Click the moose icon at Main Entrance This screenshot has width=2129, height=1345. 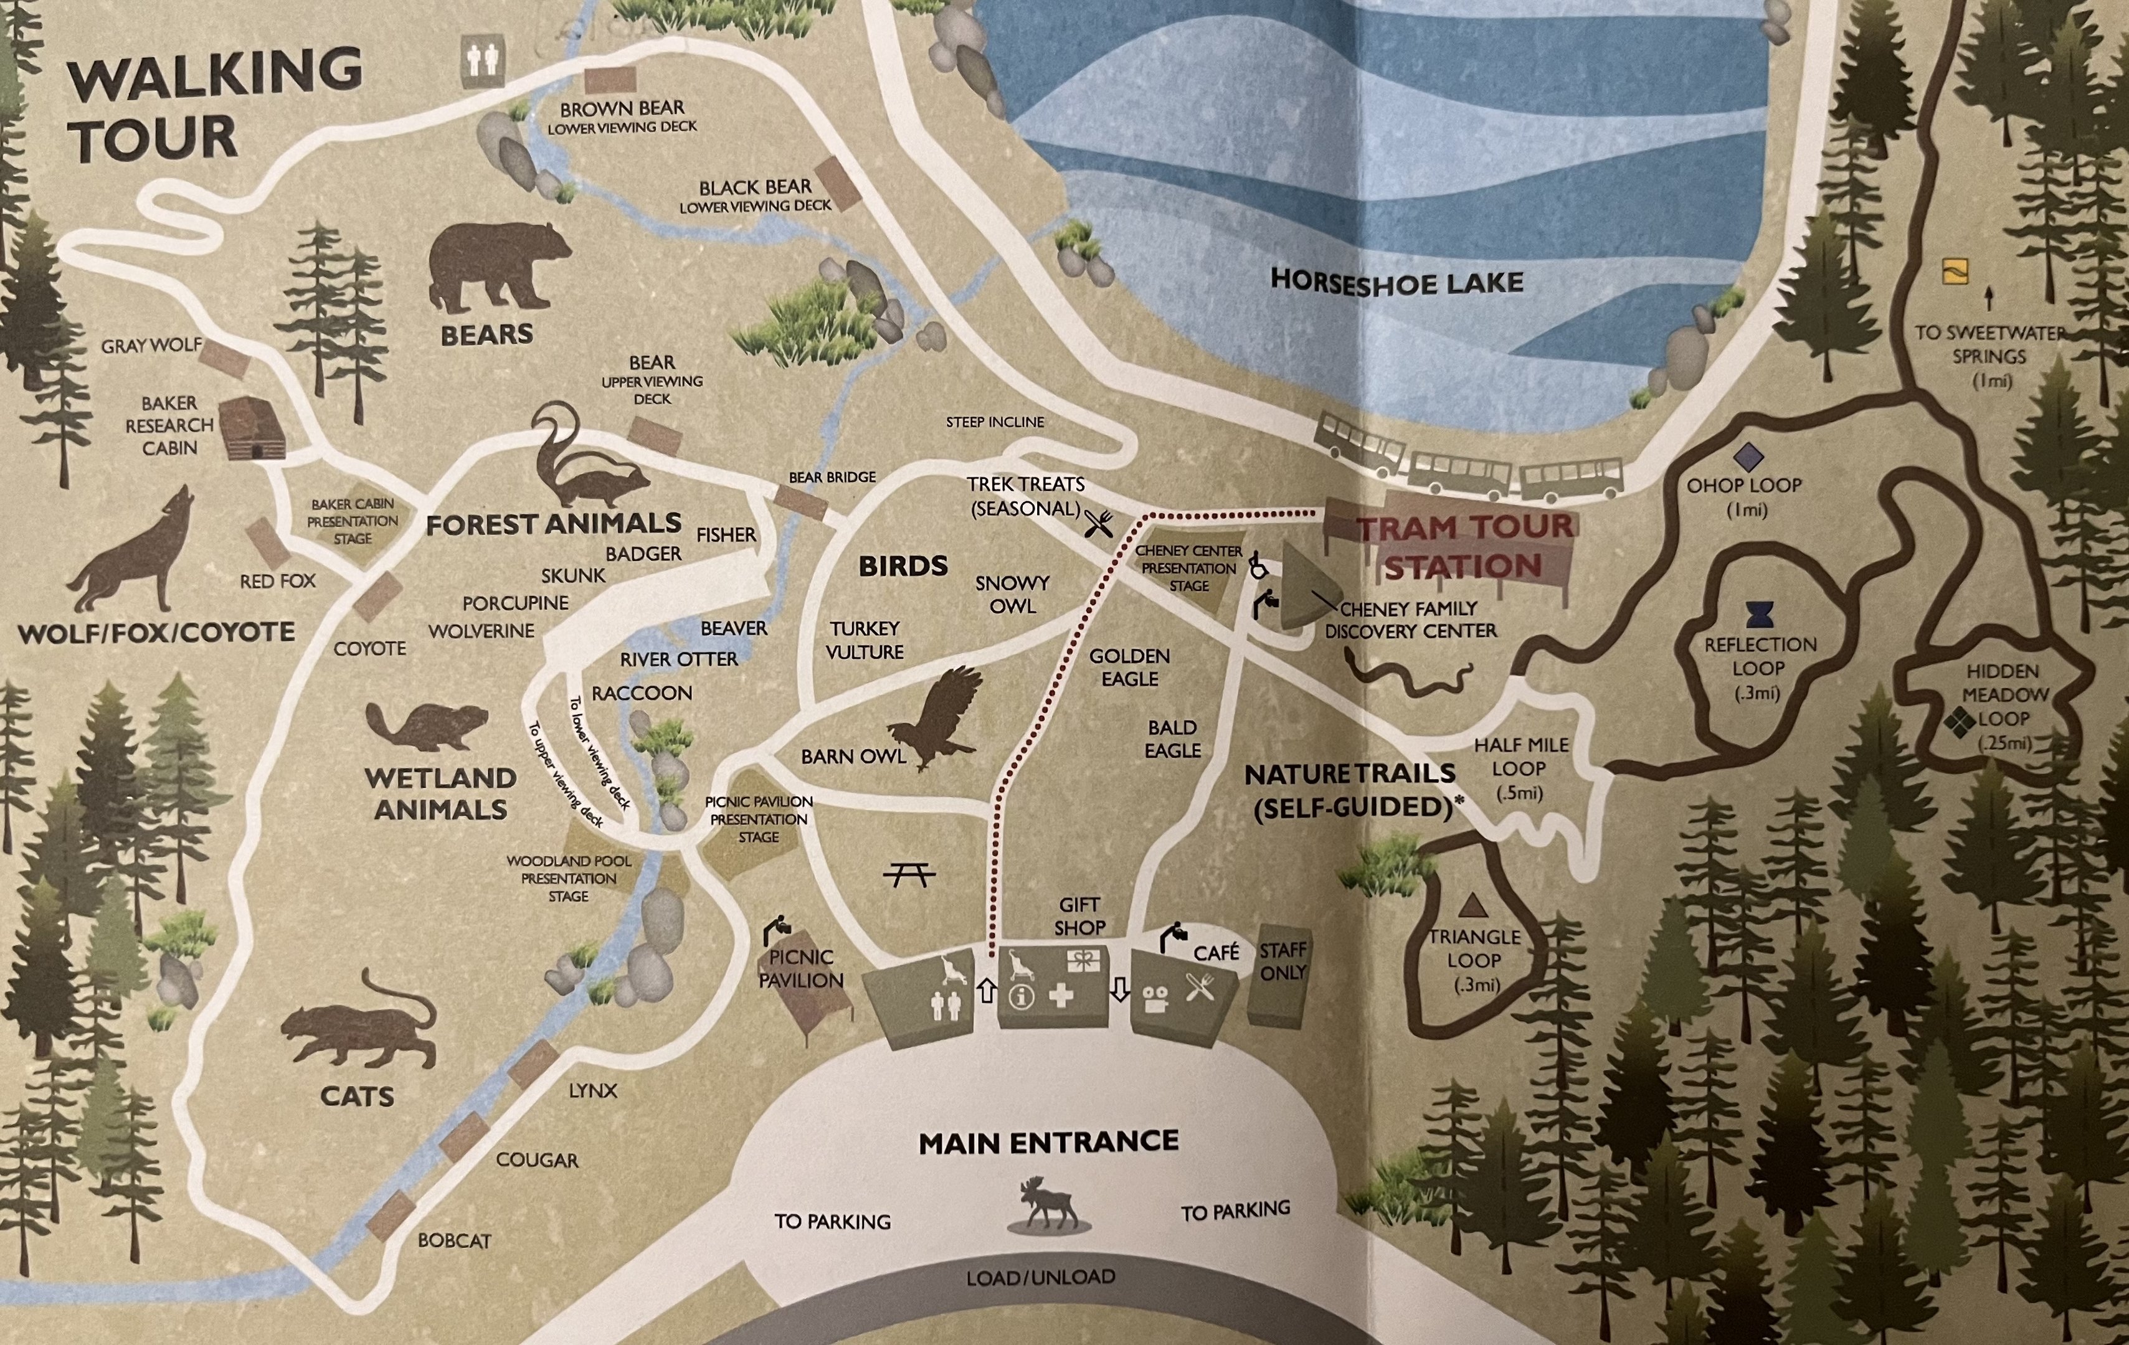(1048, 1203)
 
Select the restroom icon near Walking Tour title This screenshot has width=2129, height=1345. (483, 62)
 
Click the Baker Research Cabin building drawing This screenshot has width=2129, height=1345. (252, 428)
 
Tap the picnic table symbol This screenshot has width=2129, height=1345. (909, 874)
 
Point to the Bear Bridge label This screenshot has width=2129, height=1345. (832, 477)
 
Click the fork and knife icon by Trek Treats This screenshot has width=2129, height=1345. (1099, 524)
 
